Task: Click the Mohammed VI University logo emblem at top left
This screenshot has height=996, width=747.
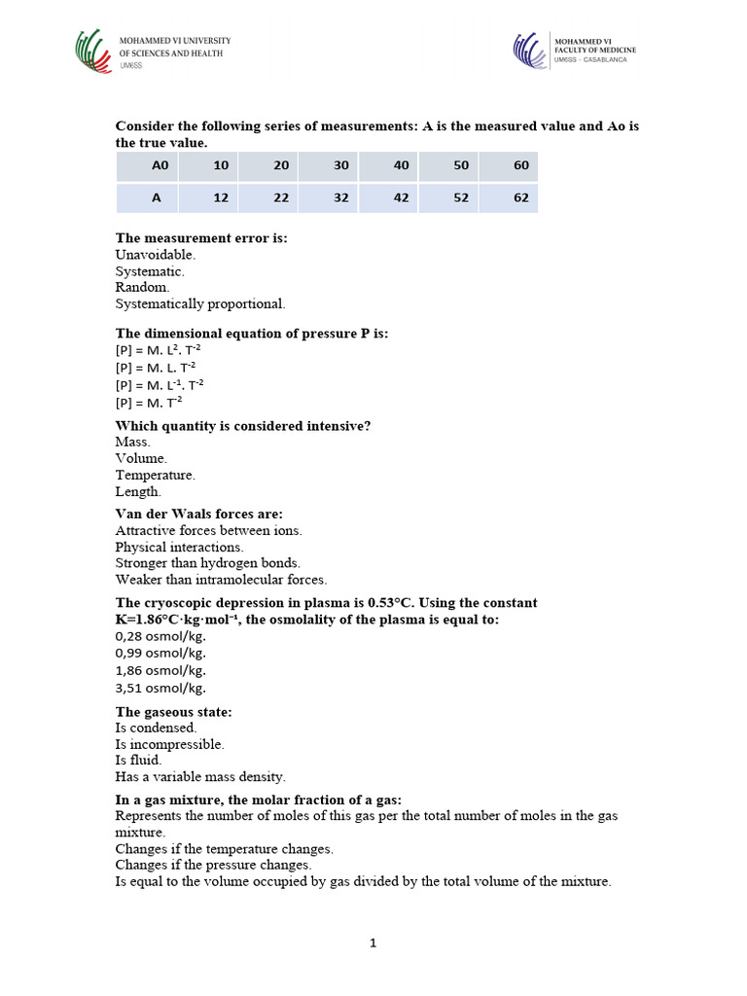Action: point(93,52)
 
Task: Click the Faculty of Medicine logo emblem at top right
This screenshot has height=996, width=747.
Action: point(531,51)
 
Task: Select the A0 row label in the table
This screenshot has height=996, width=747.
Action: point(160,165)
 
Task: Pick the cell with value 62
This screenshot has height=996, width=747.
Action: point(521,197)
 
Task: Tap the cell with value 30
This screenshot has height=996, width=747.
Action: point(340,165)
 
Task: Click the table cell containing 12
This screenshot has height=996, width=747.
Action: point(221,197)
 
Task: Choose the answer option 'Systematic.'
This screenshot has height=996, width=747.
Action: point(150,271)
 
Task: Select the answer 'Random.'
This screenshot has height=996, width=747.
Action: point(142,288)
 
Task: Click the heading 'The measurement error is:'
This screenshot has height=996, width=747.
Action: point(201,237)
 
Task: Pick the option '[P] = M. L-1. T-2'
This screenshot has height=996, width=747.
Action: point(160,384)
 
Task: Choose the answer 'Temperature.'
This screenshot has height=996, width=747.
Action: point(155,475)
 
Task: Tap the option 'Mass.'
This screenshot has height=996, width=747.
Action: point(132,441)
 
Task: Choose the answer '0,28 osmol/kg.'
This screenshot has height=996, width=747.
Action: point(160,636)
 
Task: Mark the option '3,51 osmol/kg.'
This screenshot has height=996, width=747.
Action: point(160,688)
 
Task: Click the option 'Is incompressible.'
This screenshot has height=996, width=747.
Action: point(169,744)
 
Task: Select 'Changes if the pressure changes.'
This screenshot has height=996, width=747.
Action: point(213,865)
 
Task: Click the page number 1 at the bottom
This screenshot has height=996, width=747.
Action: point(373,943)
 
